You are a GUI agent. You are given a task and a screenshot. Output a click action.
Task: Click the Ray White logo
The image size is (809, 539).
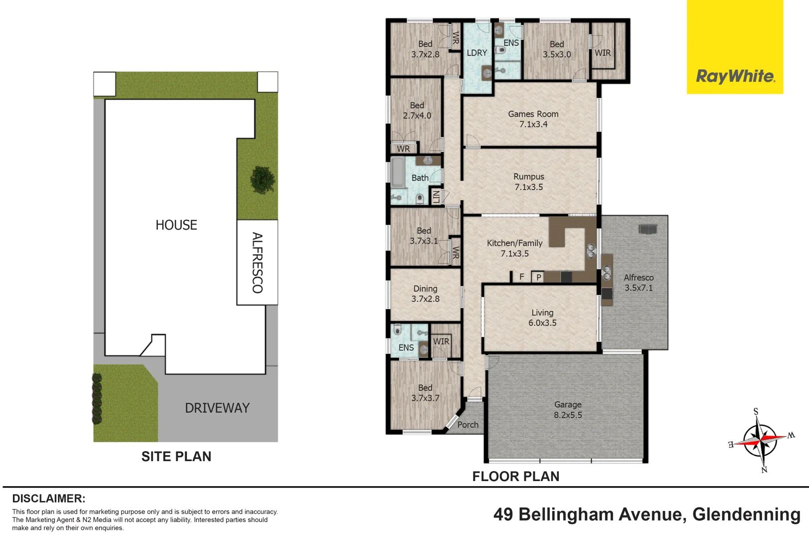(735, 47)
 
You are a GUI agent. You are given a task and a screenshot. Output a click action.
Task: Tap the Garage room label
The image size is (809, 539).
(568, 410)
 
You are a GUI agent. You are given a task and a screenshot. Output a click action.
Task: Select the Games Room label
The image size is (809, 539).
(533, 119)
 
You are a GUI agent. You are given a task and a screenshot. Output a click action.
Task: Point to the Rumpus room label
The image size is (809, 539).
(529, 182)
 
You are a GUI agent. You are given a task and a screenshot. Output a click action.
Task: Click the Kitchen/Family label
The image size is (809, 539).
(515, 249)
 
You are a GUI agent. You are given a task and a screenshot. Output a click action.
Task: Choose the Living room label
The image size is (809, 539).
(542, 318)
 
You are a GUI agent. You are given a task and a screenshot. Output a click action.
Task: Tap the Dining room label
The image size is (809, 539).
(425, 293)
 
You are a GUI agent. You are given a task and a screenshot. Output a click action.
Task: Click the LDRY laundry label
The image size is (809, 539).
(477, 53)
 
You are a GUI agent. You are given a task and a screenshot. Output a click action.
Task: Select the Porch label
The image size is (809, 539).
(468, 425)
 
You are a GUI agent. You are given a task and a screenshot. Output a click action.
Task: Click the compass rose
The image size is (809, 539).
(761, 441)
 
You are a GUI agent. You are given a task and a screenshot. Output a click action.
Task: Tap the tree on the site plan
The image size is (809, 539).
(263, 180)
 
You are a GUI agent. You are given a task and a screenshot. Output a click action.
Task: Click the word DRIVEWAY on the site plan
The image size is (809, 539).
(217, 408)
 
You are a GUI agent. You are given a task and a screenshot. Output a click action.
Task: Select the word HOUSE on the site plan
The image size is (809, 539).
(176, 225)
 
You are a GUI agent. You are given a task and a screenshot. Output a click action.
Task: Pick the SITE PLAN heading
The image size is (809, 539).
(176, 456)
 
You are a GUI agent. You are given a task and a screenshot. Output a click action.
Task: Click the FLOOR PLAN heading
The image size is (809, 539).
(516, 477)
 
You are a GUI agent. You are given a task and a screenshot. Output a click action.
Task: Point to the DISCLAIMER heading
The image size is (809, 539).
(49, 499)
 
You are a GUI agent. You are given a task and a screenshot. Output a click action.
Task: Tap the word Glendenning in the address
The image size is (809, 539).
(747, 515)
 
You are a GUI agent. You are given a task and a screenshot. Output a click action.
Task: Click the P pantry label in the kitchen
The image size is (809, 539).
(538, 277)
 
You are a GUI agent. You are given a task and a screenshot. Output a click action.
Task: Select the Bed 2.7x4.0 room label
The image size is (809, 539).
(417, 110)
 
